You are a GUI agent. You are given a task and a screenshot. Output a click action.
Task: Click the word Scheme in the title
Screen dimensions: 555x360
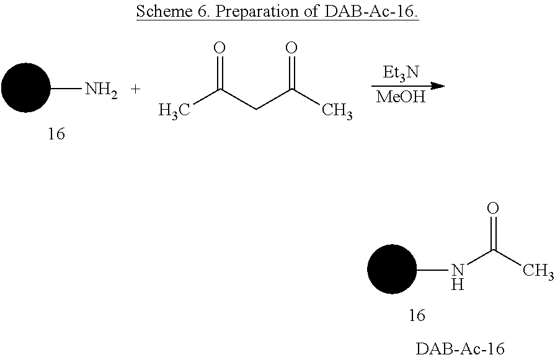tap(164, 11)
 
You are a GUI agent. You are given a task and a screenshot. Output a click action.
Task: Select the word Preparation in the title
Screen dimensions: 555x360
tap(257, 12)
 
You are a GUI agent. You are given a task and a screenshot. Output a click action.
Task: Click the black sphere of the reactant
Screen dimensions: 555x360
tap(26, 88)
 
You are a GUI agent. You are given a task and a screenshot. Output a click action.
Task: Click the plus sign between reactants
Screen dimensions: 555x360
tap(135, 89)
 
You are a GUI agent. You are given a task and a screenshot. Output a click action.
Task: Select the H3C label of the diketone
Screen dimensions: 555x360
tap(174, 111)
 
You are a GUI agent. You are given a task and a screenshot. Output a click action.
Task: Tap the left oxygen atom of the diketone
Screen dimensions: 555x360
tap(220, 48)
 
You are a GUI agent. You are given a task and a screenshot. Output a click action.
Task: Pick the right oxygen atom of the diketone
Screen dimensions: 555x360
tap(291, 48)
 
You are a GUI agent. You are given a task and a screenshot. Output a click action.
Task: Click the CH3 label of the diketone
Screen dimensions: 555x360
tap(337, 111)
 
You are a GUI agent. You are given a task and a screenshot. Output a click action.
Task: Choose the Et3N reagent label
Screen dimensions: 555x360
tap(401, 73)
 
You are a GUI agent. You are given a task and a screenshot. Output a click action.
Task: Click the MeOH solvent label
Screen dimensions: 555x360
tap(401, 97)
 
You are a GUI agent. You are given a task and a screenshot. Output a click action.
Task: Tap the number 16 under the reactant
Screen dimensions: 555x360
tap(56, 134)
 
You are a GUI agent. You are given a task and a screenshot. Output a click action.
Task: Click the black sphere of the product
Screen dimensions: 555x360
tap(392, 269)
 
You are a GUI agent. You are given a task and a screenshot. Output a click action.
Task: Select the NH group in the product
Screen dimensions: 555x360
tap(458, 277)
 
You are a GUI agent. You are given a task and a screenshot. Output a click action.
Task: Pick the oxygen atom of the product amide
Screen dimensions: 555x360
tap(493, 208)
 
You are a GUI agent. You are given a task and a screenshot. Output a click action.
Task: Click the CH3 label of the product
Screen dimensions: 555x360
tap(538, 271)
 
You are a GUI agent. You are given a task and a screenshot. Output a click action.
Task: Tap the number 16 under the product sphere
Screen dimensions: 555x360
tap(417, 315)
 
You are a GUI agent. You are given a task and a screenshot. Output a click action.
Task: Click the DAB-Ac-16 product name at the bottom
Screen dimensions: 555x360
tap(460, 349)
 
